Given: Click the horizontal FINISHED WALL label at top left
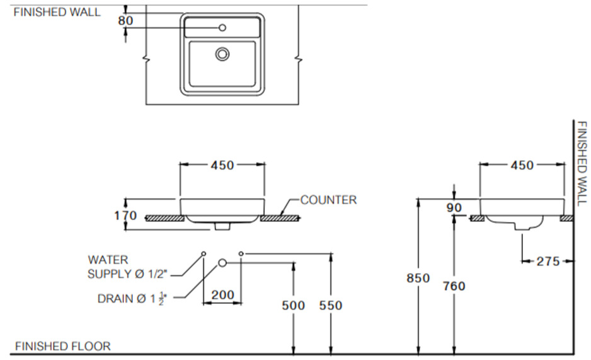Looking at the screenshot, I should [57, 12].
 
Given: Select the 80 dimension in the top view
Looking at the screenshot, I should [125, 20].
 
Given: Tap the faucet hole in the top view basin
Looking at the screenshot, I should [222, 28].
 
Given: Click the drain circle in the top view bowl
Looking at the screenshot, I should [222, 54].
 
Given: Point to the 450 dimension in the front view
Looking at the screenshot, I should [222, 165].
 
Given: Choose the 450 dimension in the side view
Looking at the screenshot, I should [521, 165].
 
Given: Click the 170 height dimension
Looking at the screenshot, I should [126, 216].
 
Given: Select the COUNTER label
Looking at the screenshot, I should [328, 200].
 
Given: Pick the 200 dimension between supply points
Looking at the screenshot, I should [222, 294].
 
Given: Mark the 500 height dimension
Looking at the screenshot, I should [292, 305].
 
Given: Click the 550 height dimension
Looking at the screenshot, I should [330, 305].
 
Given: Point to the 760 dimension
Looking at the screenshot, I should [454, 286].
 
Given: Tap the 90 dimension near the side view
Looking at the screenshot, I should [454, 207].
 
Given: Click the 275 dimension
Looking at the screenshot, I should [547, 261].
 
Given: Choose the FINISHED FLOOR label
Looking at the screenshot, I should [62, 346].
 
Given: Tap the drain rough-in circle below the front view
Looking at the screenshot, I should [222, 263].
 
